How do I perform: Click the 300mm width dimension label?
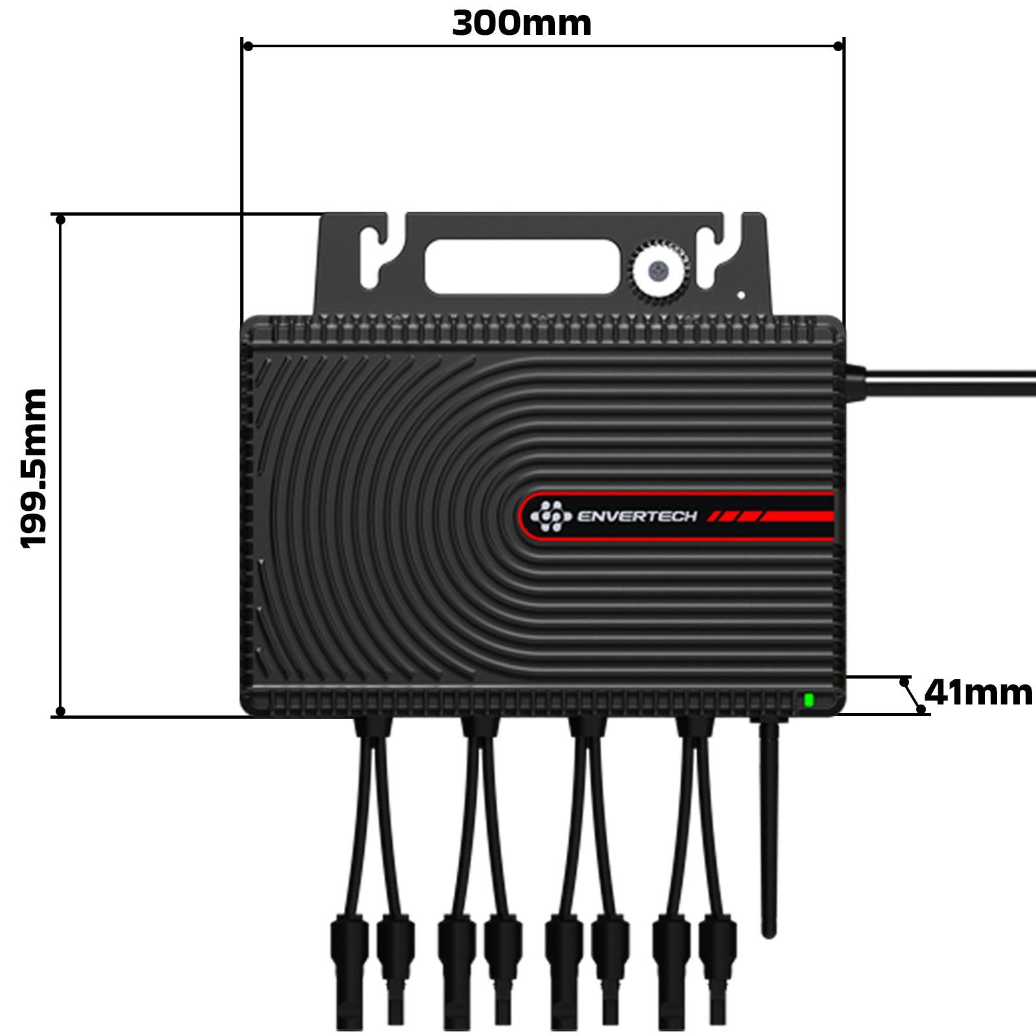point(521,24)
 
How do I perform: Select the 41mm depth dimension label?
point(978,693)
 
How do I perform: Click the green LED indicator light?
point(808,699)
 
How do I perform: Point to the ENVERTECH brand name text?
point(636,516)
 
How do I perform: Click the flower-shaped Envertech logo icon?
point(550,516)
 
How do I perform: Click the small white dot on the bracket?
point(741,295)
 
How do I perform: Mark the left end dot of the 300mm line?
point(247,46)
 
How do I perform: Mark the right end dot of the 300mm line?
point(838,46)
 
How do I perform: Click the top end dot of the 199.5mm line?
point(60,220)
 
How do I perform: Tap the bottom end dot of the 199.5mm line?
point(60,711)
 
